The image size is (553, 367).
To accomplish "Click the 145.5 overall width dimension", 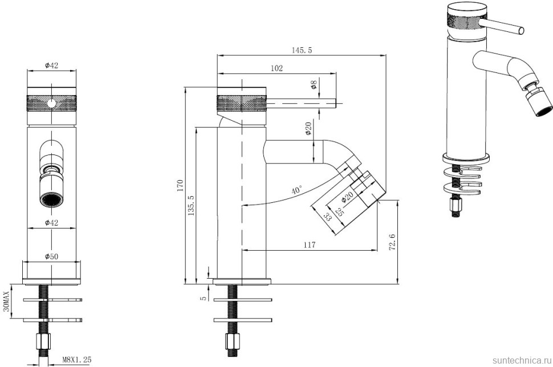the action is point(302,50).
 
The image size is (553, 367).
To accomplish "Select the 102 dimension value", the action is point(277,68).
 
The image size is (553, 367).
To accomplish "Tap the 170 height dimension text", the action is point(181,185).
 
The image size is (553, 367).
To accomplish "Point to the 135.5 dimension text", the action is point(191,205).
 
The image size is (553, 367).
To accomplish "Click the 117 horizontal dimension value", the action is point(309,244).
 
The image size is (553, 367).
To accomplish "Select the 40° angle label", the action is point(297,190).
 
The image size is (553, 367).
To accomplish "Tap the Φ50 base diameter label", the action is point(51,256).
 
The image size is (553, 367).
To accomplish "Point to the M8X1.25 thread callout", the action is point(77,360).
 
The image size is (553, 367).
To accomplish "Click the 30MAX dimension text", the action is point(6,302).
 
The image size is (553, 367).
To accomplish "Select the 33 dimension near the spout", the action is point(327,217).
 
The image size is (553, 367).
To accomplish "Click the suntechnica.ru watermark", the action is point(522,360).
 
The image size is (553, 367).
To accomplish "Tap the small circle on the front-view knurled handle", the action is point(51,103).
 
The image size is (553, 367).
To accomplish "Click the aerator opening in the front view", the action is point(51,201).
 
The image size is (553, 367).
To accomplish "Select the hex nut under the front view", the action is point(44,341).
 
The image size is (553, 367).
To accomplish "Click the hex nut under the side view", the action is point(232,341).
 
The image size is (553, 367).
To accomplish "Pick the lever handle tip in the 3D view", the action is point(521,31).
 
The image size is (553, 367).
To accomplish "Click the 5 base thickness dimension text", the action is point(203,298).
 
